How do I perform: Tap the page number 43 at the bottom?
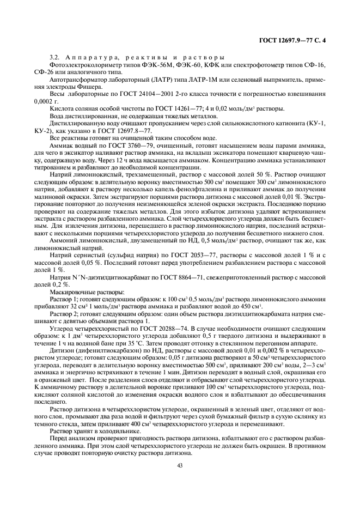[179, 465]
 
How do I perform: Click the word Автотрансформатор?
[74, 80]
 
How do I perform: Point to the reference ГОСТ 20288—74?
[154, 329]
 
